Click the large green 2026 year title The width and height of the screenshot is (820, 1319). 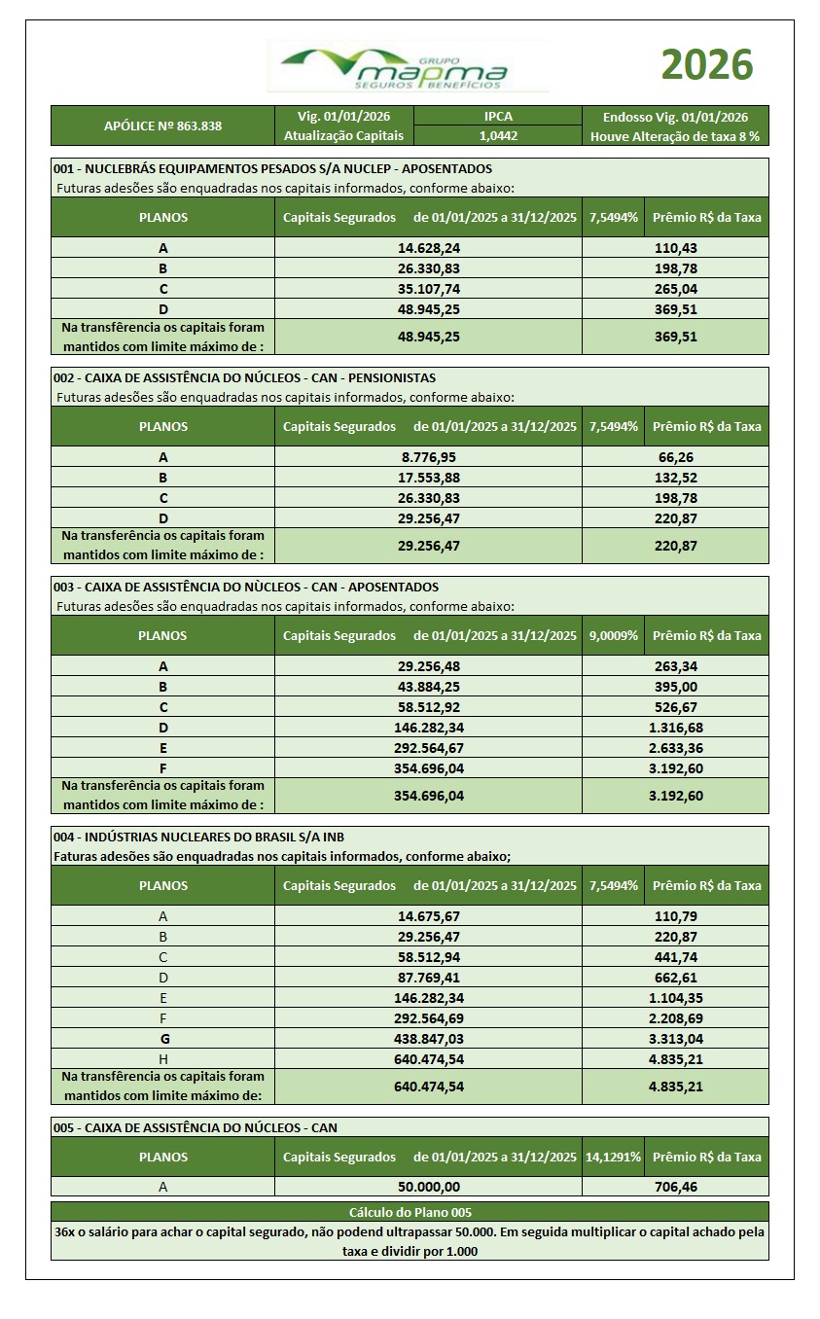click(707, 65)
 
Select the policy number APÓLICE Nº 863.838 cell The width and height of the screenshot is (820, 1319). click(162, 126)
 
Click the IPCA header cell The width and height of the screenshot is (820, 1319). click(498, 116)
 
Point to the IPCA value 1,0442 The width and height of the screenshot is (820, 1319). click(498, 136)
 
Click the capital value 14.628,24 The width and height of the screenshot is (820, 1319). click(428, 248)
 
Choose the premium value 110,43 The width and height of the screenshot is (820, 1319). click(675, 248)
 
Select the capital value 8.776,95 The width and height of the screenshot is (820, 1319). click(428, 456)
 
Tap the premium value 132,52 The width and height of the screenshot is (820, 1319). click(675, 477)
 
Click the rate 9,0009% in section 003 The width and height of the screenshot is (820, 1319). click(613, 635)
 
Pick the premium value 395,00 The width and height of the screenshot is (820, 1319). click(675, 687)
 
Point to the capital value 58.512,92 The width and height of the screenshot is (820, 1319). click(428, 707)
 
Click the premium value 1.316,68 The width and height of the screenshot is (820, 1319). click(675, 728)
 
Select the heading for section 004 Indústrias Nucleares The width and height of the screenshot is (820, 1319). click(198, 837)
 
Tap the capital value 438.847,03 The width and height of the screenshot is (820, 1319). click(428, 1039)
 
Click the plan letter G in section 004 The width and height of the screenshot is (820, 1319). click(162, 1039)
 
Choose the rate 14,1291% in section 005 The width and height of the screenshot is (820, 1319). click(613, 1157)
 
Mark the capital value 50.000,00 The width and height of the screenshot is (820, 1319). click(428, 1187)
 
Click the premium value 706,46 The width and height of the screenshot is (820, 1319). click(675, 1187)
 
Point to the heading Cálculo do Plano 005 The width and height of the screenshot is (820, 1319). click(410, 1212)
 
